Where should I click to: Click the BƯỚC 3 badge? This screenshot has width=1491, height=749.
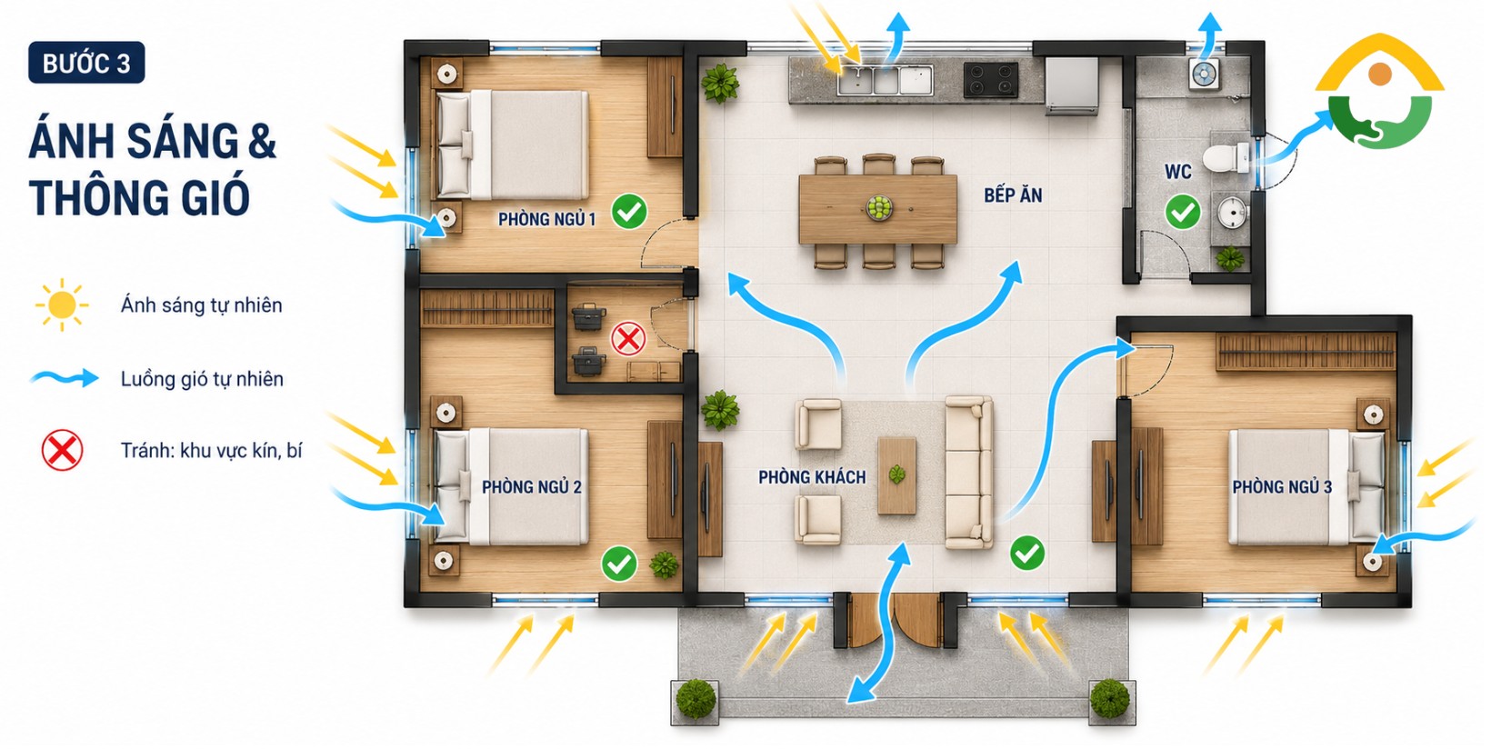click(x=86, y=64)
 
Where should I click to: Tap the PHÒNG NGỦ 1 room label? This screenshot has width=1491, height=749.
click(x=547, y=219)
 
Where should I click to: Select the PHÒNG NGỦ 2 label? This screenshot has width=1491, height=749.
click(x=532, y=486)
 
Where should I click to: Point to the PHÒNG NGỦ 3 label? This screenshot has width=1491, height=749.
click(x=1282, y=486)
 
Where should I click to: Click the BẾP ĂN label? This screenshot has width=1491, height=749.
click(x=1013, y=195)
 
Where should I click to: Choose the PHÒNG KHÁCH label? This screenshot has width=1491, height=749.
click(x=812, y=477)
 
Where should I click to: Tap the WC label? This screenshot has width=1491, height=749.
click(x=1177, y=172)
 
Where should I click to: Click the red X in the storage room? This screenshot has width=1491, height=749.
click(x=628, y=339)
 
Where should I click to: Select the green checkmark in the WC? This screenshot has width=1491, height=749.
click(x=1183, y=213)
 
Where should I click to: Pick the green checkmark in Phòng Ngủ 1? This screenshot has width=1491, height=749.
click(x=629, y=212)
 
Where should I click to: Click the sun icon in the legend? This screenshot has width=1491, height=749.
click(x=62, y=305)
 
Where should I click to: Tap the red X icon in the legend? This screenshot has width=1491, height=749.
click(x=63, y=451)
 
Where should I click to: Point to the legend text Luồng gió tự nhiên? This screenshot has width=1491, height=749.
click(x=202, y=379)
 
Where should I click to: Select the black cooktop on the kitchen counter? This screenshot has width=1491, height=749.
click(x=991, y=80)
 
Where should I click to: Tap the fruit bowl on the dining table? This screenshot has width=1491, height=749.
click(x=879, y=208)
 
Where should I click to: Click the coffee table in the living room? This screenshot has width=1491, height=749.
click(x=896, y=475)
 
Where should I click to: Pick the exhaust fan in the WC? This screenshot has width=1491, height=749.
click(x=1204, y=74)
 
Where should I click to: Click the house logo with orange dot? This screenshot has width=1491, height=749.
click(x=1380, y=91)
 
